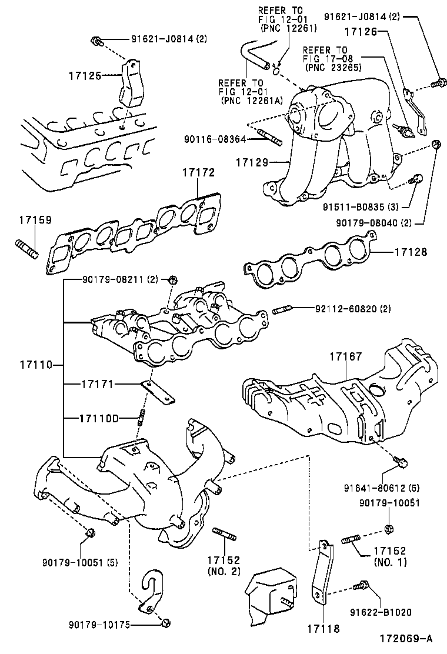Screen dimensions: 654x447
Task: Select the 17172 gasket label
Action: click(198, 173)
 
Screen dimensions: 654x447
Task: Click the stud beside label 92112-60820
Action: click(282, 309)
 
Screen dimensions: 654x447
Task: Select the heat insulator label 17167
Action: click(345, 356)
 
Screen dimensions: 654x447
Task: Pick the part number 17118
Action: click(323, 628)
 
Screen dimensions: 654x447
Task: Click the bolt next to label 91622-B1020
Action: click(361, 585)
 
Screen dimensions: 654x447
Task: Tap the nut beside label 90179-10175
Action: click(165, 622)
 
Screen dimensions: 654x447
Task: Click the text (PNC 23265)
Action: click(332, 68)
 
